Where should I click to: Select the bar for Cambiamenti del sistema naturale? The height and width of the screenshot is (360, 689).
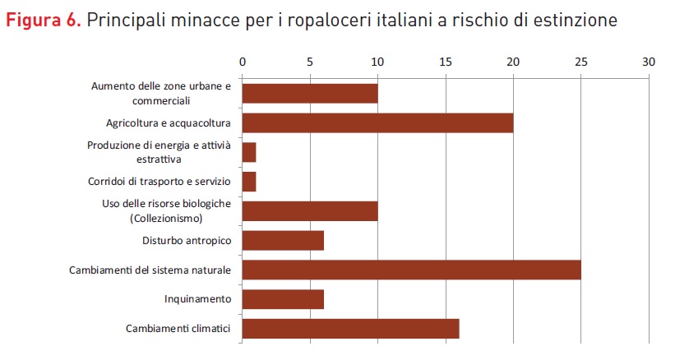click(411, 269)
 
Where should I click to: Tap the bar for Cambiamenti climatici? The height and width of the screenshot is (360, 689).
click(350, 328)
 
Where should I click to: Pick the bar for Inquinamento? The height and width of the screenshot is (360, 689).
click(283, 298)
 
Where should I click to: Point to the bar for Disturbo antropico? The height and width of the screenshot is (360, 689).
click(283, 240)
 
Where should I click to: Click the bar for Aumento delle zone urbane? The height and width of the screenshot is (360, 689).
click(309, 93)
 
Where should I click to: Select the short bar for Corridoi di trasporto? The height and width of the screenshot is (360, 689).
click(249, 181)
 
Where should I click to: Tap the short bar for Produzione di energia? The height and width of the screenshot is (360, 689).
click(249, 152)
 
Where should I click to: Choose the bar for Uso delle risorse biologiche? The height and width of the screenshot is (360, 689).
click(309, 210)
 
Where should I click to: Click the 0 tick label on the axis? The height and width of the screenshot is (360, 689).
click(242, 62)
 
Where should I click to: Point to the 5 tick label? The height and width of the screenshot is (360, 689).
click(309, 62)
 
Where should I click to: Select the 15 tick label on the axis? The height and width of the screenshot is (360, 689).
click(445, 62)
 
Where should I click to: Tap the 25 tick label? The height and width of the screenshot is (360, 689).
click(580, 62)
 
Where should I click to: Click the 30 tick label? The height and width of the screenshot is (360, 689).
click(649, 62)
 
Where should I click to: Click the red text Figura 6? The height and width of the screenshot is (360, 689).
click(43, 19)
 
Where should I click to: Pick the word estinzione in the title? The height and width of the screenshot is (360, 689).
click(576, 19)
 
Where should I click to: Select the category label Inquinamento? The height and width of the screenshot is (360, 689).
click(197, 299)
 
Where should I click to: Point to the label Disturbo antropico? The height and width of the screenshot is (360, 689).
click(182, 240)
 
